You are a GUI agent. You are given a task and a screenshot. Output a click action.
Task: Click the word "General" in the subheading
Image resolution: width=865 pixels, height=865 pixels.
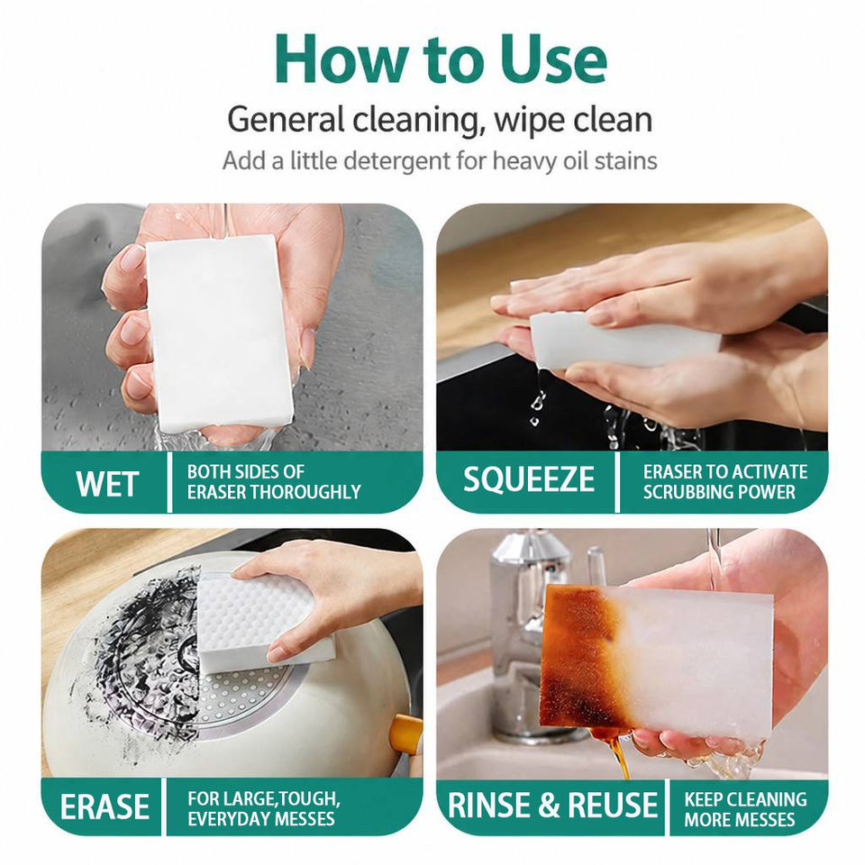[x=286, y=120]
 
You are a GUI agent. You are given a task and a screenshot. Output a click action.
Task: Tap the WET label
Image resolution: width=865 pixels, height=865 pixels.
[x=106, y=484]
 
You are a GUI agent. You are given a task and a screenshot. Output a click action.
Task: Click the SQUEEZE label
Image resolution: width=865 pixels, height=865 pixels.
[x=529, y=479]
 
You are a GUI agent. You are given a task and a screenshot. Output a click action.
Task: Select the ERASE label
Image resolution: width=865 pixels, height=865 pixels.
[x=105, y=807]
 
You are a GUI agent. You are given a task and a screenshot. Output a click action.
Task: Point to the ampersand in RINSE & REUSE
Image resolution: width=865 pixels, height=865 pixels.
[x=549, y=805]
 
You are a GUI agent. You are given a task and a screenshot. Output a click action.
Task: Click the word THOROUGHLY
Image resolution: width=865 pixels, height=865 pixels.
[x=297, y=492]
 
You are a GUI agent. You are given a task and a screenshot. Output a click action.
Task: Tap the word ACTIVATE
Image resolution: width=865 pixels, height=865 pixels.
[x=768, y=472]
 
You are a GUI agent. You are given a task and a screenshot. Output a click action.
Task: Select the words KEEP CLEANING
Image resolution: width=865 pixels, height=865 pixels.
[x=745, y=799]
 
